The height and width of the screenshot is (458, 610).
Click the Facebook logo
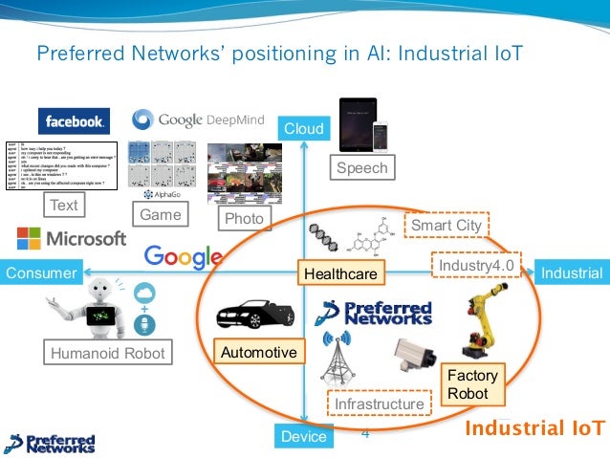click(74, 120)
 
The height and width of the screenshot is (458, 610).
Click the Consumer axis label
click(41, 273)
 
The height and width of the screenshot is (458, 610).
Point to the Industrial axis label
click(571, 273)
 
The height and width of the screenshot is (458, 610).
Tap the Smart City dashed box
click(446, 225)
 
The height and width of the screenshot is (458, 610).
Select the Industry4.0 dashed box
click(476, 264)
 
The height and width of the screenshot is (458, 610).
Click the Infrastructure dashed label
click(379, 404)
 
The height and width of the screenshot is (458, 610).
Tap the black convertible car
click(252, 316)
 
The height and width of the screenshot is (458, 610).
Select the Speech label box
click(362, 168)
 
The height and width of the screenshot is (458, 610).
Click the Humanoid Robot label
click(108, 354)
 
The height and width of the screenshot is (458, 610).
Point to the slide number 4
click(364, 432)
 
